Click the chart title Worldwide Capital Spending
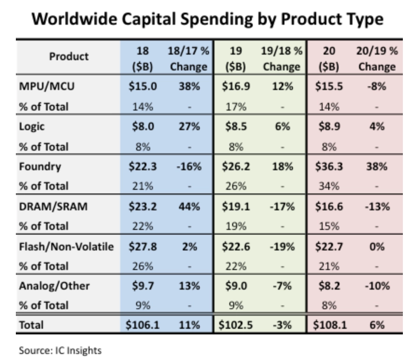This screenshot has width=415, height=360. point(208,20)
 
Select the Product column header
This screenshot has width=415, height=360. point(69,56)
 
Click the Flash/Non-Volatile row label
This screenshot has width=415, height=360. point(66,246)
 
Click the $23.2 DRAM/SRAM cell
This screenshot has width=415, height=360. point(142,207)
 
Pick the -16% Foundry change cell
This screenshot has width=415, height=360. point(188,167)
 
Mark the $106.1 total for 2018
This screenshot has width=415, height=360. point(142,325)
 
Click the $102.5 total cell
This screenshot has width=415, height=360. point(235,325)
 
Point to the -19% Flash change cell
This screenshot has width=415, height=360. point(281,246)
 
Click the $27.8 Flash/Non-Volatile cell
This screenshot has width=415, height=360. point(142,246)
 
